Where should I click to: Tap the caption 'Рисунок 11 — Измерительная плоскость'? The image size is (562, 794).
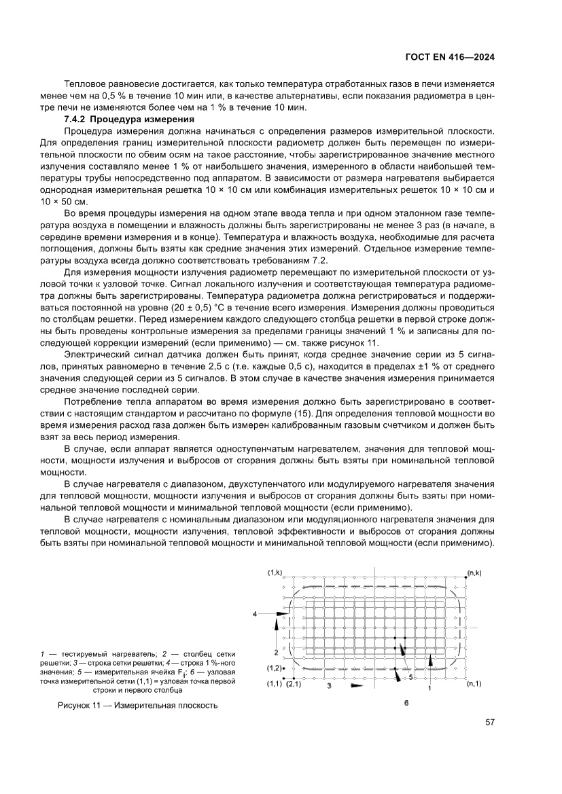click(x=137, y=705)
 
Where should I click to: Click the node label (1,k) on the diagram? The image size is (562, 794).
click(x=275, y=573)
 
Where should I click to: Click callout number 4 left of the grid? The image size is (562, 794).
click(x=255, y=613)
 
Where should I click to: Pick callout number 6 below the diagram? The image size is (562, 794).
click(x=406, y=703)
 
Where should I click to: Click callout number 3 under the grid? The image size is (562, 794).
click(x=328, y=687)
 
